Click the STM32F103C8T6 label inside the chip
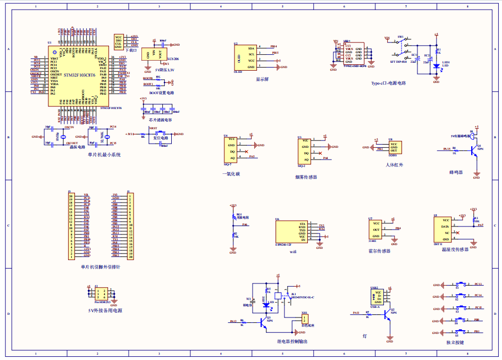79,76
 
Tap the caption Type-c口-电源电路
388,83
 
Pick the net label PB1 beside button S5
477,331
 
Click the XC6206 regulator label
173,59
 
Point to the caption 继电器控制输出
292,341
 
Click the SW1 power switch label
400,38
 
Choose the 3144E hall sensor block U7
376,230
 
